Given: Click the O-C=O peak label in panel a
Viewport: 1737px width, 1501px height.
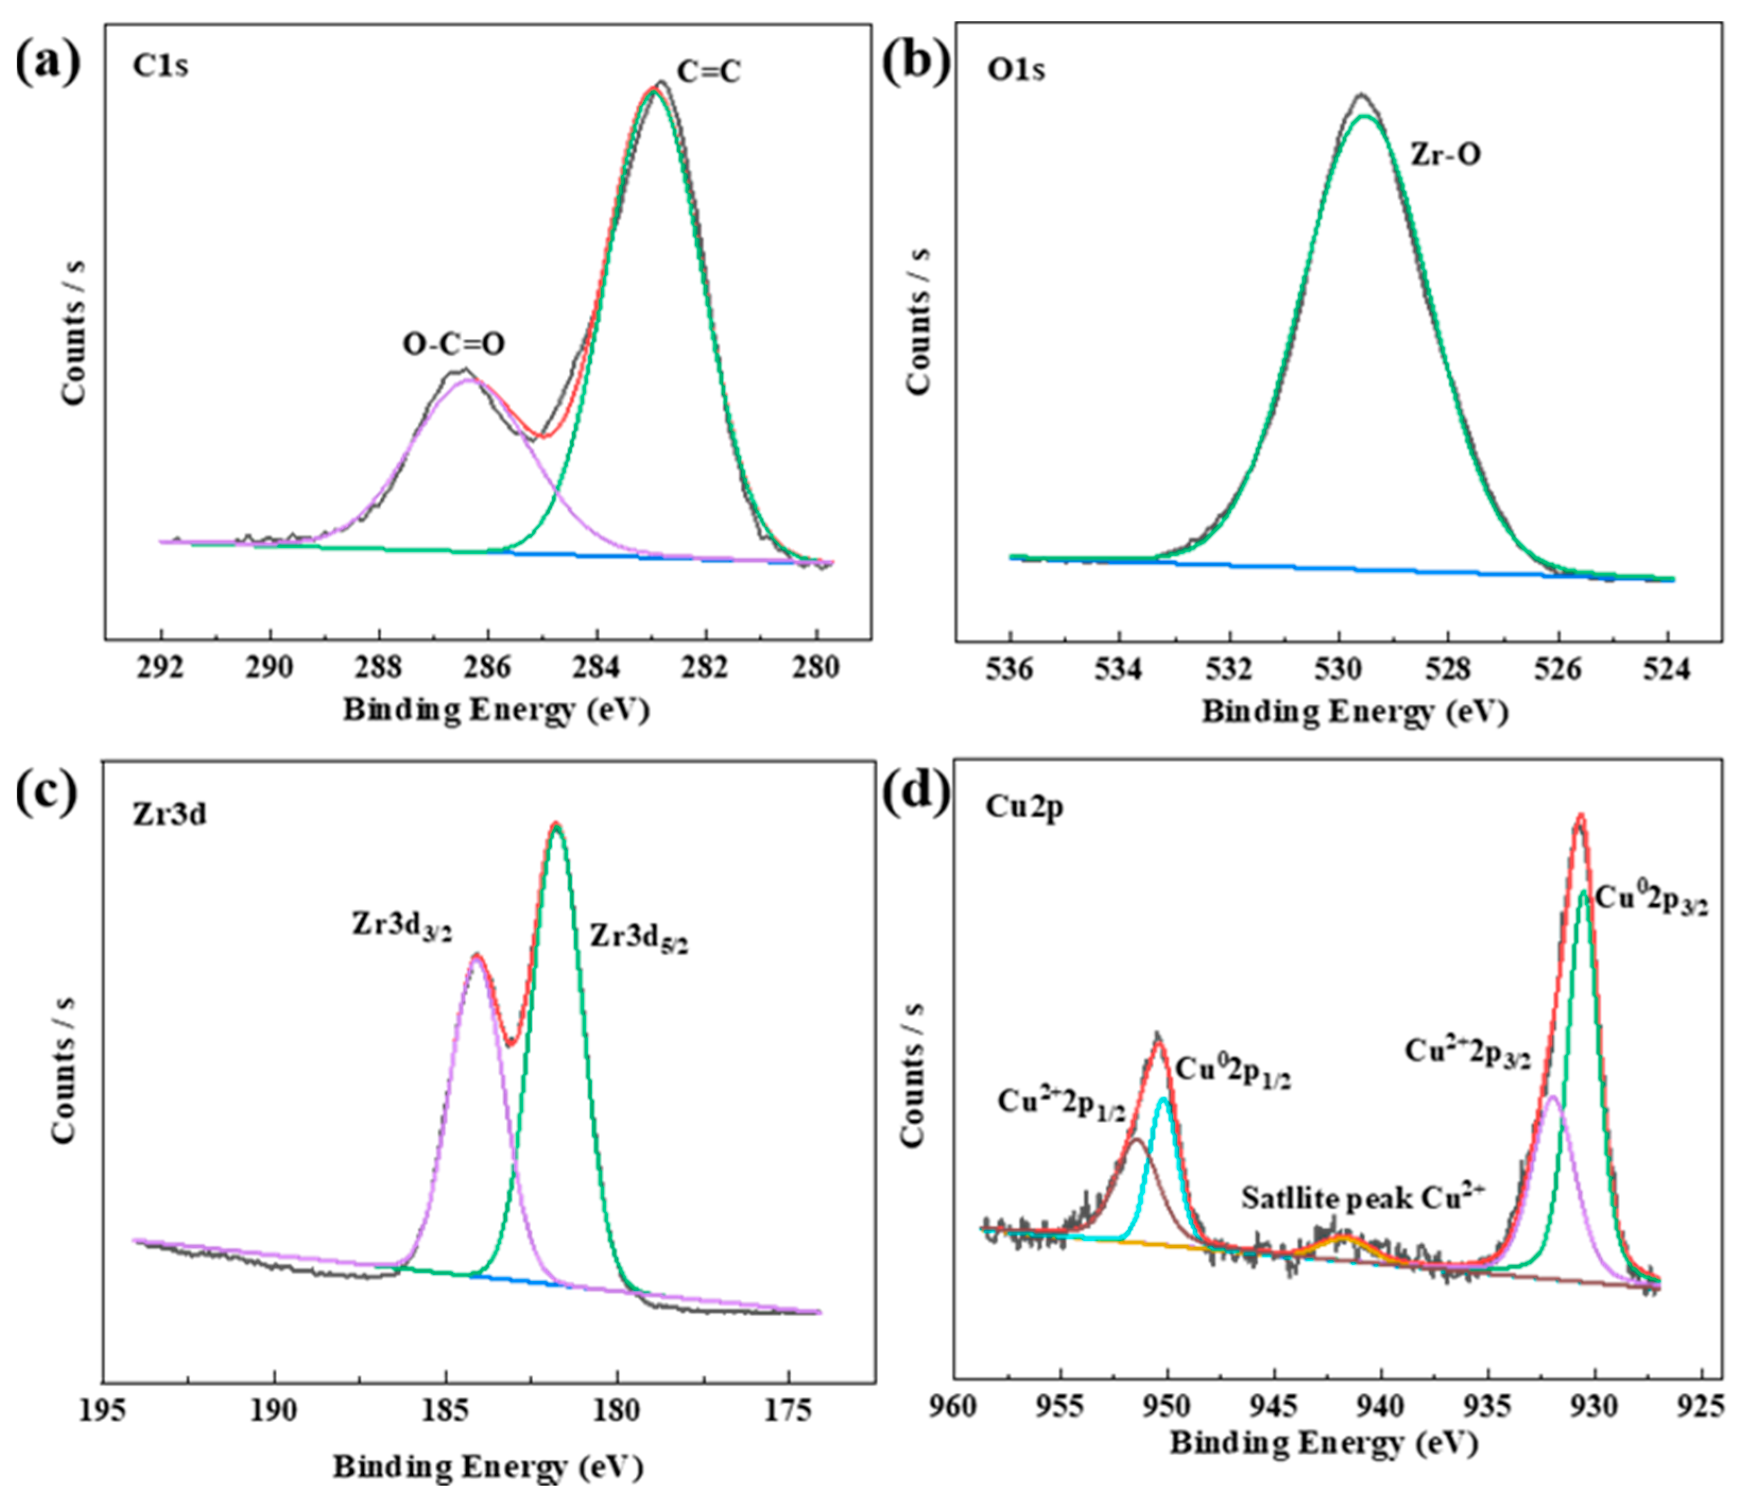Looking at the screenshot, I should pyautogui.click(x=454, y=344).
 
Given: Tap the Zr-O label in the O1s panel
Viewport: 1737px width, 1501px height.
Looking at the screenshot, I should pyautogui.click(x=1445, y=155).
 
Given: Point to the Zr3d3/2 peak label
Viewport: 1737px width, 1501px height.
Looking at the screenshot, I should pyautogui.click(x=402, y=926).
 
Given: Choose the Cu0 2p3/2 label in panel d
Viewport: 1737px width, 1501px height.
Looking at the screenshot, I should pyautogui.click(x=1650, y=900).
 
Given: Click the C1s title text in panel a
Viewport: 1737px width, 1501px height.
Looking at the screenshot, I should pyautogui.click(x=160, y=66).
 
